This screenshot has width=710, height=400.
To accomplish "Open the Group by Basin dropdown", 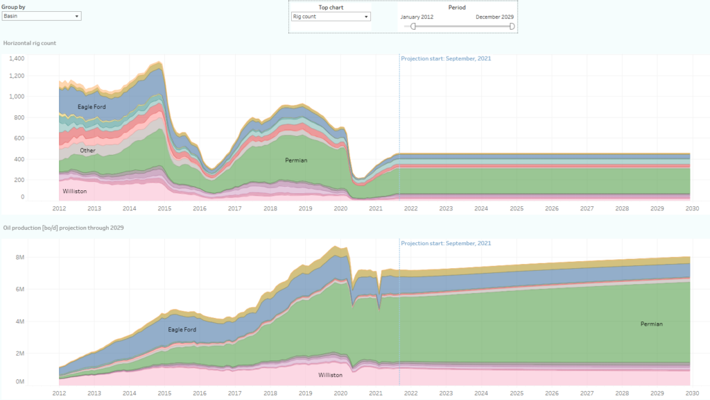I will click(42, 16).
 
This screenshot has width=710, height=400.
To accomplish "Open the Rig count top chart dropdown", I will click(330, 16).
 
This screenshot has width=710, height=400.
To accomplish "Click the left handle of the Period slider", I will click(413, 26).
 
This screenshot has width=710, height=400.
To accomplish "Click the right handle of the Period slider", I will click(512, 26).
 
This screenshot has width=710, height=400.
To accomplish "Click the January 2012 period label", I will click(417, 17).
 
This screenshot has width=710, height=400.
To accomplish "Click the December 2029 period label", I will click(494, 17).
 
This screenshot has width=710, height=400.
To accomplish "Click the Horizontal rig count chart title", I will click(30, 43).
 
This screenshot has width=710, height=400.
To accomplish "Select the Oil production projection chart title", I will click(63, 229).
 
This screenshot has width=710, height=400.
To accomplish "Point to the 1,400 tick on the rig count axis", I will click(16, 58).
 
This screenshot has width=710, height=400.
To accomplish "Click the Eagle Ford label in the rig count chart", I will click(92, 107).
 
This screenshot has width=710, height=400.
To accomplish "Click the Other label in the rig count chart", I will click(87, 150).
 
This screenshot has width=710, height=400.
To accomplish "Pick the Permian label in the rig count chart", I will click(296, 160).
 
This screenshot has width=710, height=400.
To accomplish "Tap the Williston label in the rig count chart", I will click(75, 190).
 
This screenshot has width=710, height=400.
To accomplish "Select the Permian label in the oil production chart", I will click(652, 324).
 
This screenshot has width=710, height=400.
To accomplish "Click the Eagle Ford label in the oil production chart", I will click(182, 329).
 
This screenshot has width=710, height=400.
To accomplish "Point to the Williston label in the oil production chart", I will click(330, 375).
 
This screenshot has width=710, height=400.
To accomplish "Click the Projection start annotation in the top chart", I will click(446, 58).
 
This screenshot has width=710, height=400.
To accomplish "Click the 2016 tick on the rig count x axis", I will click(200, 208).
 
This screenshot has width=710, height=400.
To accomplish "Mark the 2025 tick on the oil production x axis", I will click(517, 393).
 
